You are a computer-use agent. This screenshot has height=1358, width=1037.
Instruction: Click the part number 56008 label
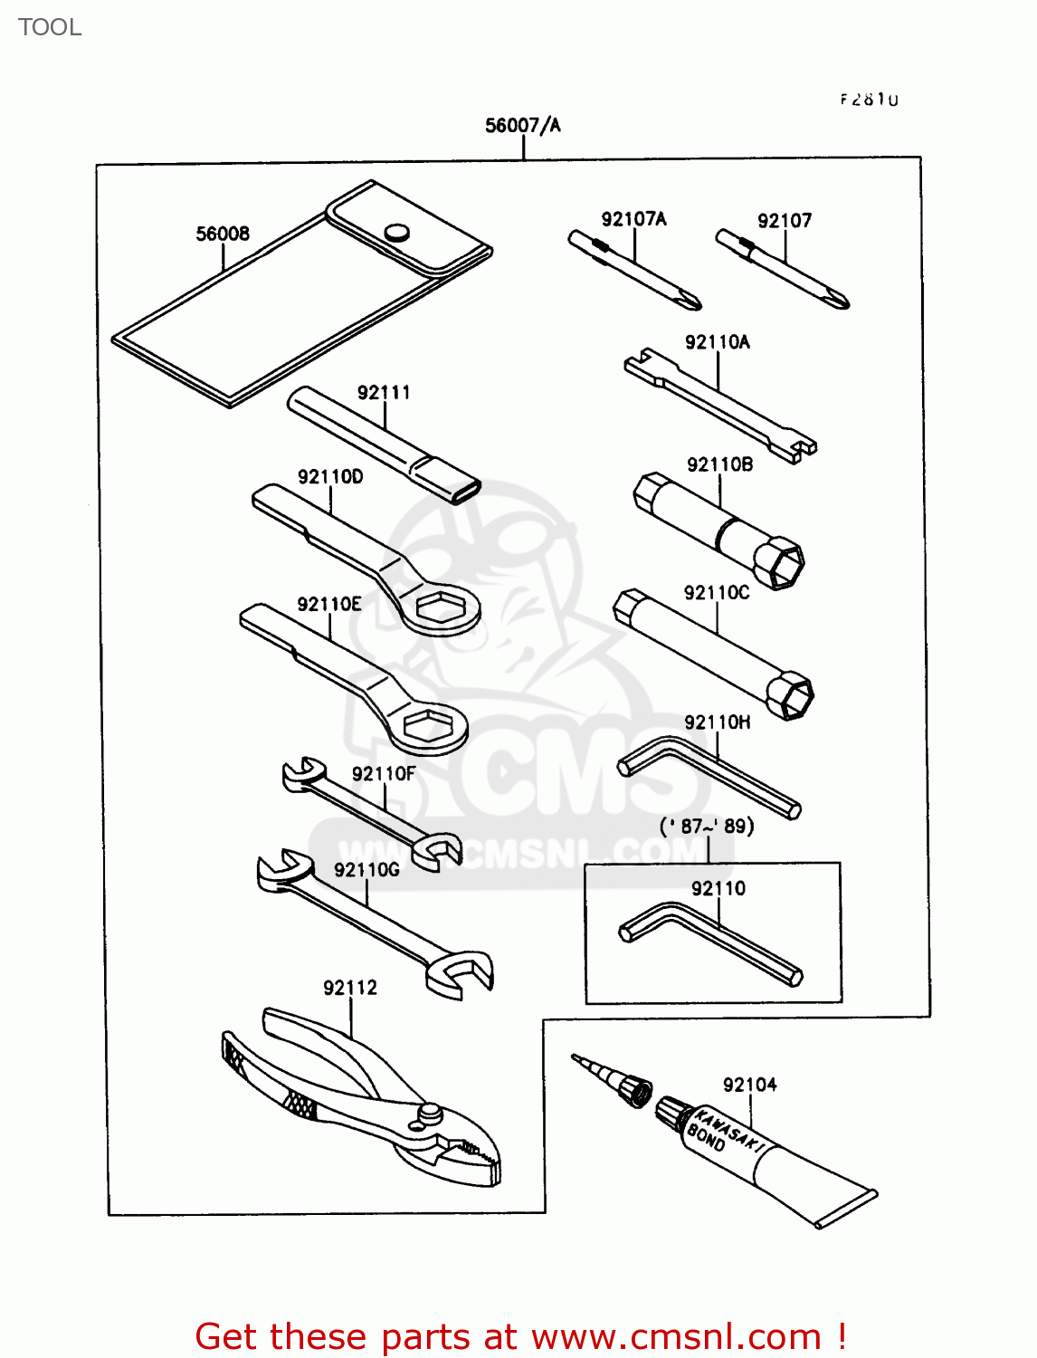point(223,234)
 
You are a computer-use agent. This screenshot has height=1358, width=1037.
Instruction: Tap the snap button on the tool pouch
point(396,232)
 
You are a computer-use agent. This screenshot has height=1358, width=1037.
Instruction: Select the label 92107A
point(633,219)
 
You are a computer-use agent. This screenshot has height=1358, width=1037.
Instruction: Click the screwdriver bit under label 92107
point(783,271)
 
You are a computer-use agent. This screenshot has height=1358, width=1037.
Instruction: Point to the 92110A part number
point(718,342)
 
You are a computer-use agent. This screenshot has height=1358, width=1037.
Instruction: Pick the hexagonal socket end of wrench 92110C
point(790,695)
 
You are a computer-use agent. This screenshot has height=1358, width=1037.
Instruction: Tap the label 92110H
point(718,722)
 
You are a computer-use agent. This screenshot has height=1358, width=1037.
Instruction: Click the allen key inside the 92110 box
point(710,942)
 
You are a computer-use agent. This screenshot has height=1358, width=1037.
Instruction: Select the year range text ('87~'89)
point(707,827)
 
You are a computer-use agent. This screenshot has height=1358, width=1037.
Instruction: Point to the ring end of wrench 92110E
point(428,728)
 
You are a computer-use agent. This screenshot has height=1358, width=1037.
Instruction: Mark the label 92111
point(384,393)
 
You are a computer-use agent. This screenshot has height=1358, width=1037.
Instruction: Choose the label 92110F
point(384,774)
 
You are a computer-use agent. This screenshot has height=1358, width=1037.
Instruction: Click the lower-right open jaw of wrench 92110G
point(461,973)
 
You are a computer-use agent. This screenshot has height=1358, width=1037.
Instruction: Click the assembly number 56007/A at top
point(523,126)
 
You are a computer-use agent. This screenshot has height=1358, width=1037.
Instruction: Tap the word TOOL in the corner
point(50,27)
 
